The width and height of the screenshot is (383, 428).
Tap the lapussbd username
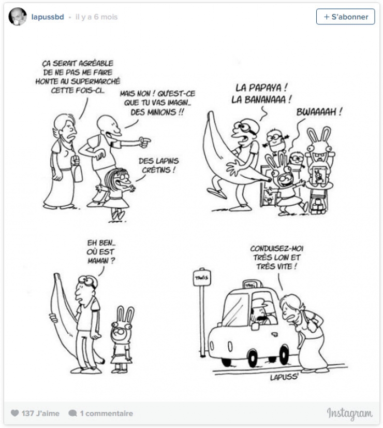point(48,17)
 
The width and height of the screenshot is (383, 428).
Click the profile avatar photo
point(18,17)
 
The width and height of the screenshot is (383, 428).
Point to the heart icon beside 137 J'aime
point(15,413)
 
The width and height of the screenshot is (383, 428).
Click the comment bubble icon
point(72,413)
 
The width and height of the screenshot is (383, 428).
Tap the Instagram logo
point(349,413)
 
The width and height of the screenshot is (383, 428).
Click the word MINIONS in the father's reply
point(169,111)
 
